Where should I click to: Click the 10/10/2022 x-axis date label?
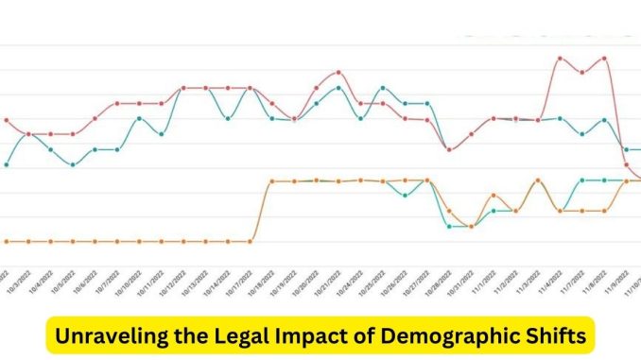[x=128, y=282]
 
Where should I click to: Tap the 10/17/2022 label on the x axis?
[x=238, y=282]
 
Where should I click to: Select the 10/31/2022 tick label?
[x=460, y=282]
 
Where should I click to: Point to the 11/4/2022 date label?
[x=548, y=282]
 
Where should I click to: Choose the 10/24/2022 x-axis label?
[x=350, y=282]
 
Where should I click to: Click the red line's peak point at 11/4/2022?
[x=561, y=58]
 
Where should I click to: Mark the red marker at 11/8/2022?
[x=604, y=58]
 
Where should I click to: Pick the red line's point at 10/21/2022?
[x=338, y=72]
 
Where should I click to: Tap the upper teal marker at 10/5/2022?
[x=73, y=164]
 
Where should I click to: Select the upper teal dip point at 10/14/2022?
[x=228, y=119]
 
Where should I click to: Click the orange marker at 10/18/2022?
[x=272, y=180]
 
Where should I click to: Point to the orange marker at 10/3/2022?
[x=28, y=241]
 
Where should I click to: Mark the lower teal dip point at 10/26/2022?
[x=405, y=196]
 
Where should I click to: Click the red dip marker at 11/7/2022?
[x=582, y=73]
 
